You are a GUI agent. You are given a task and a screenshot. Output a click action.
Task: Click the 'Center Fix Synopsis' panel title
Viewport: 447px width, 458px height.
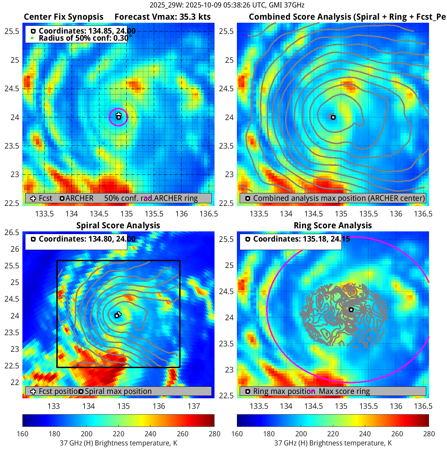[x=63, y=17]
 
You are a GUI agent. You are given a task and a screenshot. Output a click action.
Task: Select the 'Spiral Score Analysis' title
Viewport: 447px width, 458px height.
[x=118, y=226]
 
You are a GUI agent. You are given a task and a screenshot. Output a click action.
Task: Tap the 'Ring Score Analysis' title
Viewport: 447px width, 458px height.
[x=333, y=226]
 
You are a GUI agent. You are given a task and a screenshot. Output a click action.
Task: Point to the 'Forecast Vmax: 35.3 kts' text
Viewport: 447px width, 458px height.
[x=163, y=17]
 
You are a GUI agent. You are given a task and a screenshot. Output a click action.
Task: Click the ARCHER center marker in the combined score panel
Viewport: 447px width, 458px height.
[x=333, y=117]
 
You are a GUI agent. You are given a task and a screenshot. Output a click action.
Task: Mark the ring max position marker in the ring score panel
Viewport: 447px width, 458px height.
[x=351, y=310]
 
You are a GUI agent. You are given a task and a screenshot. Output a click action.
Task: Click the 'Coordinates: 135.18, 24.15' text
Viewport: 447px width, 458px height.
[x=301, y=239]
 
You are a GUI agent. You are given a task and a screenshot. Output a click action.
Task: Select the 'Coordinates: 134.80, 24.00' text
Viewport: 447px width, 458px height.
[x=87, y=239]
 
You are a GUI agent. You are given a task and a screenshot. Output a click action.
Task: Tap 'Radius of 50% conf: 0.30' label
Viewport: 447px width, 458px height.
[x=83, y=38]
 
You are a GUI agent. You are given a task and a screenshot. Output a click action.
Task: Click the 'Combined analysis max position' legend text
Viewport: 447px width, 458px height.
[x=339, y=198]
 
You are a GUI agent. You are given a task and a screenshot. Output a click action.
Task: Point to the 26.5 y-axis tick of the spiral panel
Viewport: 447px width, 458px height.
[x=12, y=232]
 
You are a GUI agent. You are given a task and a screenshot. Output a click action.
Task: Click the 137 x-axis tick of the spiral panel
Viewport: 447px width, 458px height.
[x=194, y=406]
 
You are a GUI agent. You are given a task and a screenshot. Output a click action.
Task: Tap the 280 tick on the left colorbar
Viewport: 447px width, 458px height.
[x=215, y=434]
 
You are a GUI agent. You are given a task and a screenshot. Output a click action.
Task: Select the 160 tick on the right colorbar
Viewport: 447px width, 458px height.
[x=237, y=434]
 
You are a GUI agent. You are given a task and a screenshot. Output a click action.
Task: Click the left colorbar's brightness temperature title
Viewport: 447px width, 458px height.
[x=118, y=443]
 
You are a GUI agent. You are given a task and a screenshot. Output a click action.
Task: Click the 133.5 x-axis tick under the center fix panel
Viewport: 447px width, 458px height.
[x=44, y=214]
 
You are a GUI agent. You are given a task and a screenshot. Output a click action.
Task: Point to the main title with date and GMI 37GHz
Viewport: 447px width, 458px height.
[x=227, y=5]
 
